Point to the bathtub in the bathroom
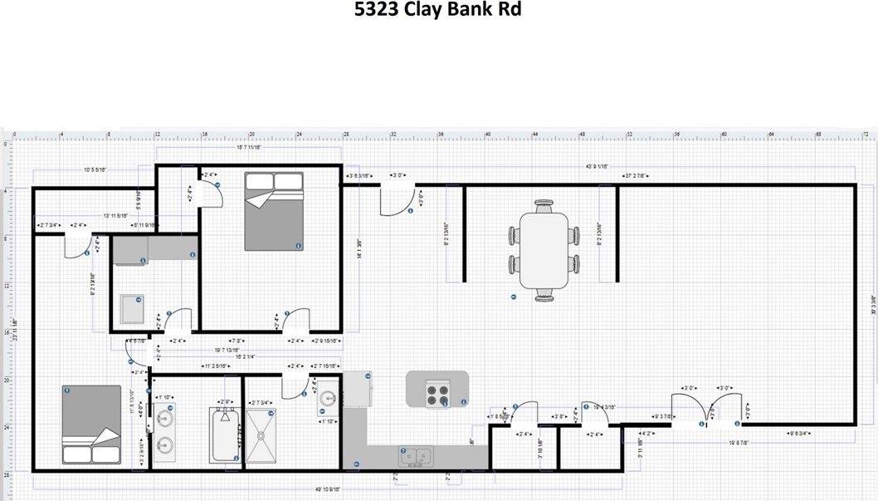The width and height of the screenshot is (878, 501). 222,435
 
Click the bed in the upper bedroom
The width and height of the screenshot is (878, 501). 273,211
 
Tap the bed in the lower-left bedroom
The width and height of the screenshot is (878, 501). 92,425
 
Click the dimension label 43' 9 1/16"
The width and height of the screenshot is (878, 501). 598,167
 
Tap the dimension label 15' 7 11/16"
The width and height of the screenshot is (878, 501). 249,147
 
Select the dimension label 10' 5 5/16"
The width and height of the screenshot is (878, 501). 99,169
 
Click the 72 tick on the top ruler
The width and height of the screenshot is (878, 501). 866,133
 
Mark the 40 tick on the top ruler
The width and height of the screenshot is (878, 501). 488,133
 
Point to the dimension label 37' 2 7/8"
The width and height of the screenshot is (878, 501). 636,176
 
